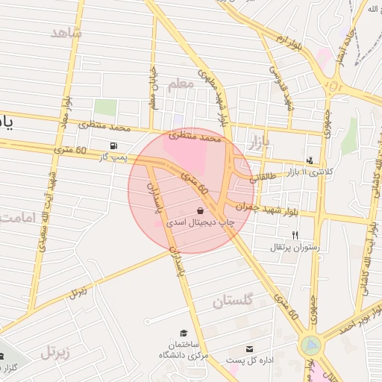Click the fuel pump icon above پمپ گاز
pyautogui.click(x=113, y=145)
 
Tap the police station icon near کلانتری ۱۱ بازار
pyautogui.click(x=310, y=160)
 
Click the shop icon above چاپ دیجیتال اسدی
pyautogui.click(x=200, y=211)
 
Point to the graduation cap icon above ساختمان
pyautogui.click(x=183, y=333)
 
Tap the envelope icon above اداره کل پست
pyautogui.click(x=249, y=348)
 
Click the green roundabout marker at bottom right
pyautogui.click(x=310, y=345)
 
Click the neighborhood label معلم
pyautogui.click(x=181, y=84)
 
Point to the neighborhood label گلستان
pyautogui.click(x=233, y=301)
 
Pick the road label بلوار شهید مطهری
pyautogui.click(x=213, y=97)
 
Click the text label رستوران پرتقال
pyautogui.click(x=298, y=246)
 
